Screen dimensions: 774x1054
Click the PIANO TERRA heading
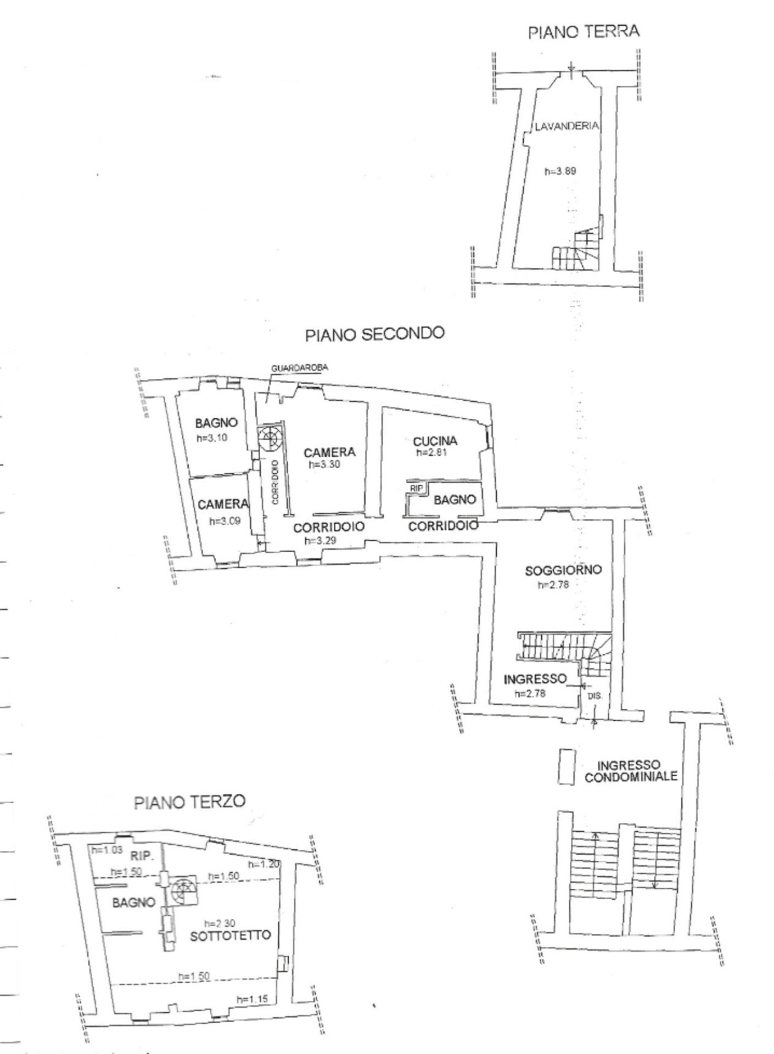point(583,31)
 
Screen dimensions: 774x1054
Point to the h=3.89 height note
point(560,171)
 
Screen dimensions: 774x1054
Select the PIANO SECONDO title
point(374,334)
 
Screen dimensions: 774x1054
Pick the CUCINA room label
point(435,441)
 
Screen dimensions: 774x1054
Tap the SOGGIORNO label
point(563,570)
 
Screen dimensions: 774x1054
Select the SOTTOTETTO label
point(231,936)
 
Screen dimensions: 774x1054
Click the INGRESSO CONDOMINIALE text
point(631,771)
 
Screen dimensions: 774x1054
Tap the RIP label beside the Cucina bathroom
point(415,487)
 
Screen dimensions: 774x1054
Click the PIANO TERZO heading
point(190,802)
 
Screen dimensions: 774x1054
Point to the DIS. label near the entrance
point(594,695)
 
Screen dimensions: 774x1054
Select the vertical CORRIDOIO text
point(274,482)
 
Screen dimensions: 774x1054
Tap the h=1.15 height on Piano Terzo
point(252,1000)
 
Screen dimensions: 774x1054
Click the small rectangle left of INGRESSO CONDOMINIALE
point(567,767)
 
